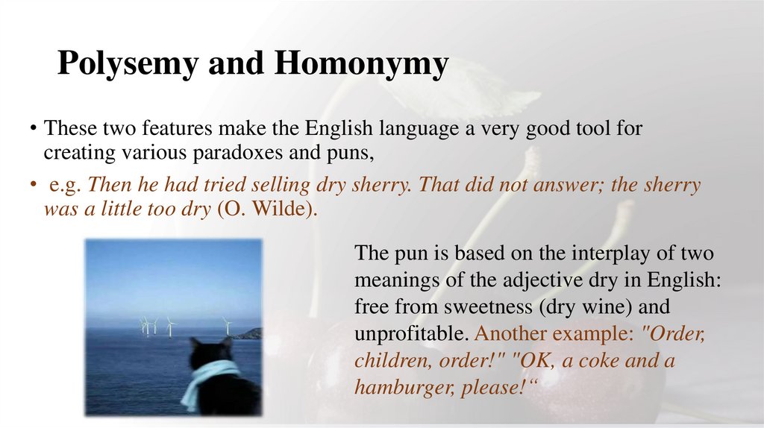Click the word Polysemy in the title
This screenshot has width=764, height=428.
tap(127, 65)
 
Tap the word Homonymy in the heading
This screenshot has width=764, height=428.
tap(361, 65)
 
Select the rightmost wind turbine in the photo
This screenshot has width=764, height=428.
tap(225, 325)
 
